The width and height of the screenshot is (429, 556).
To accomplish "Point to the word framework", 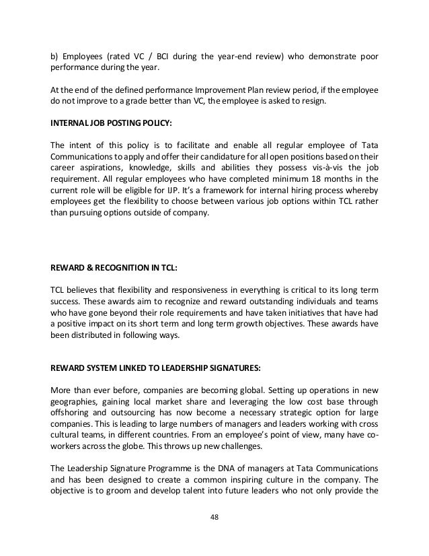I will click(223, 193).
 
